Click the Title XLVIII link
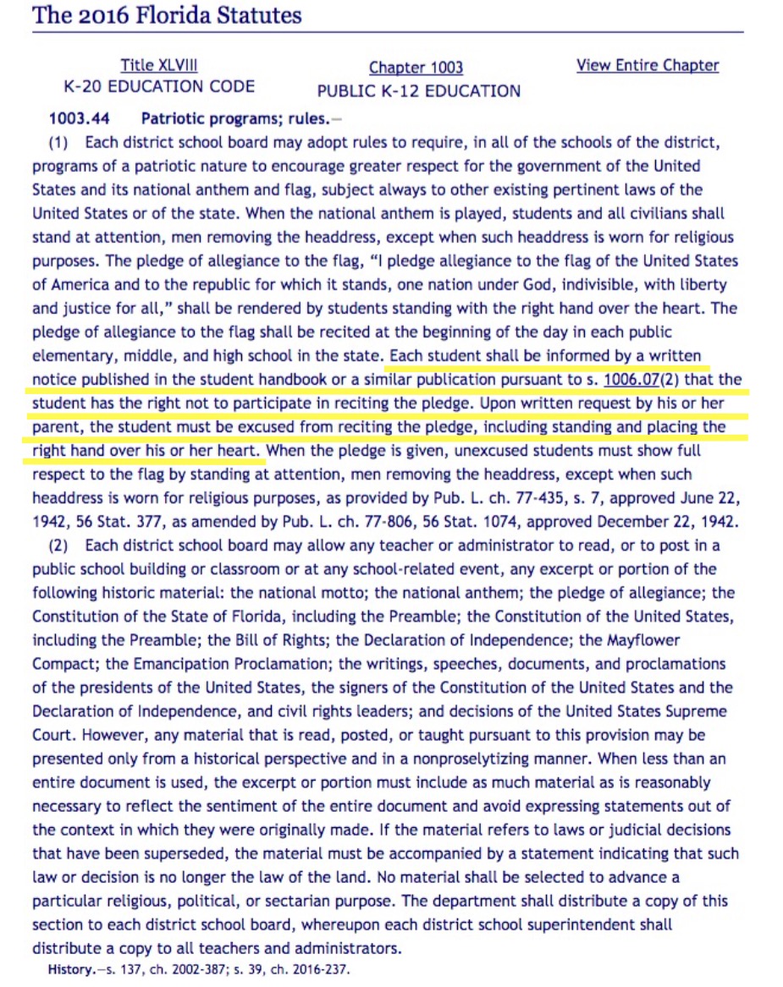tap(159, 65)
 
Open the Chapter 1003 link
tap(416, 68)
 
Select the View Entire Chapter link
tap(648, 65)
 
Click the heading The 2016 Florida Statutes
tap(167, 15)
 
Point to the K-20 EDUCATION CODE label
tap(159, 86)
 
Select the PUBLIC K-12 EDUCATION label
tap(418, 90)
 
